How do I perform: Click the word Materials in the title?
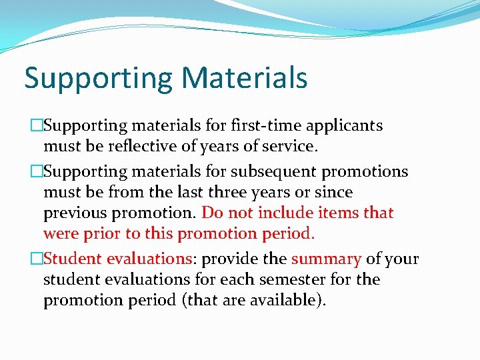tap(244, 77)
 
